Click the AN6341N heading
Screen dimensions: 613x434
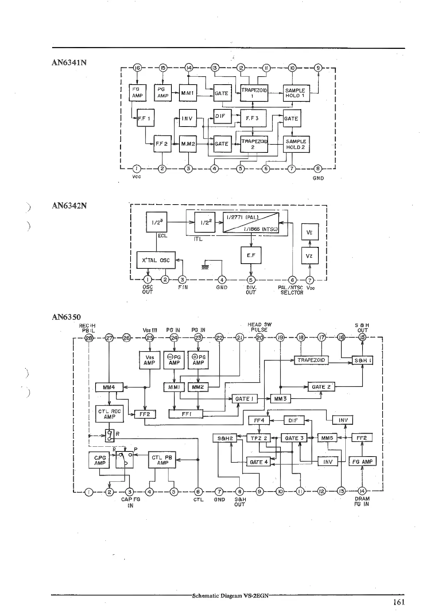(x=69, y=62)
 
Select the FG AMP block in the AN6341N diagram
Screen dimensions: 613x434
(x=137, y=93)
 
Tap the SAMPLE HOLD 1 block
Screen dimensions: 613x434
(x=295, y=93)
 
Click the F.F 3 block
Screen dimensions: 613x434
(x=253, y=118)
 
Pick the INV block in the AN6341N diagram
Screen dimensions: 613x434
(x=187, y=119)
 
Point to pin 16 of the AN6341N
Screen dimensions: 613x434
(x=137, y=68)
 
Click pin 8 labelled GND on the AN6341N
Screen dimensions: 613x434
(x=318, y=168)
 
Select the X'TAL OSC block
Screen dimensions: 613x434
(x=156, y=260)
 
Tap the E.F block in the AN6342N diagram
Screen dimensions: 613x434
(x=251, y=255)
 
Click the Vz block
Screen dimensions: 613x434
(x=309, y=256)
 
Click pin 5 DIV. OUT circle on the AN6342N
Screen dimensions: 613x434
(x=251, y=280)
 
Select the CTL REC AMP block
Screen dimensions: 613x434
(x=109, y=414)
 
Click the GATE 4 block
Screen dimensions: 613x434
(x=259, y=462)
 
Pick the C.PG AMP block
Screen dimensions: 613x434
(x=100, y=460)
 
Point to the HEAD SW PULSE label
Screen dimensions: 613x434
(x=259, y=327)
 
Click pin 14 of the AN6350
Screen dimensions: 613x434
(x=362, y=491)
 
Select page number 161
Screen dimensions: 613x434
(x=399, y=602)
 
